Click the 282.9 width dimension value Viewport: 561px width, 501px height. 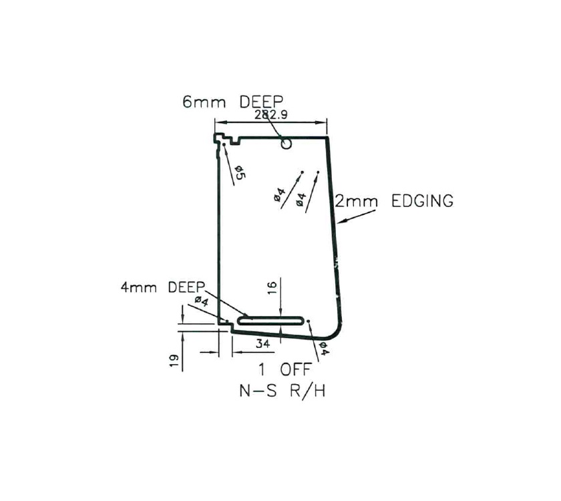coord(270,114)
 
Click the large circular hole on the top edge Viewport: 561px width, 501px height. coord(287,143)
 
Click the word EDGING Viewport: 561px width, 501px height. coord(422,200)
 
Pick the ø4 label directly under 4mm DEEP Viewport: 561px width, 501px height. coord(202,303)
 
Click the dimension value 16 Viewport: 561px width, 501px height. coord(271,289)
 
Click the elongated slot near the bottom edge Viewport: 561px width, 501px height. coord(272,320)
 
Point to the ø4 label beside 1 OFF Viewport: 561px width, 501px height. coord(323,348)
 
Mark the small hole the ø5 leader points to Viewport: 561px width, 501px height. coord(224,145)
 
